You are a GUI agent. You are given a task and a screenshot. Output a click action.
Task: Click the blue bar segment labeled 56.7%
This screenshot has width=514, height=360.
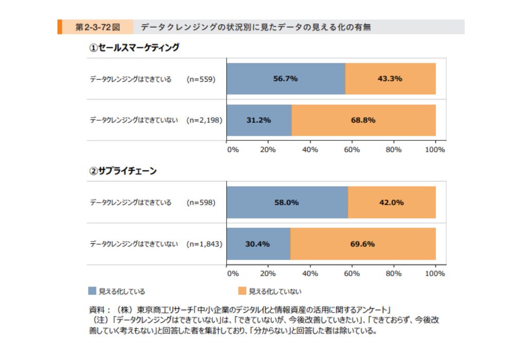(286, 79)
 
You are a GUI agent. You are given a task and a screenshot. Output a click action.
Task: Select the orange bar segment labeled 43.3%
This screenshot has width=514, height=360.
(390, 79)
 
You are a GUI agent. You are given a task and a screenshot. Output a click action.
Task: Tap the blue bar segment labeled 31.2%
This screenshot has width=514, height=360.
(259, 120)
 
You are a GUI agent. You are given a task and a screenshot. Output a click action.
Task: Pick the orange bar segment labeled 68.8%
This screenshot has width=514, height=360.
(363, 120)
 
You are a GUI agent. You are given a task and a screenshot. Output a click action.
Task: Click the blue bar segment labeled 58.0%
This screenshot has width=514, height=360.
(287, 202)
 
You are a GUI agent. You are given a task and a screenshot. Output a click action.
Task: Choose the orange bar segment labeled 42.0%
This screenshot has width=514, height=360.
(392, 202)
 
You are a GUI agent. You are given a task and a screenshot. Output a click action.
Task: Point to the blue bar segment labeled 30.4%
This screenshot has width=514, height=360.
(258, 244)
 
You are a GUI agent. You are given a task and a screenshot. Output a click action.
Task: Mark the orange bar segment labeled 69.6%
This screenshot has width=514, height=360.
(363, 244)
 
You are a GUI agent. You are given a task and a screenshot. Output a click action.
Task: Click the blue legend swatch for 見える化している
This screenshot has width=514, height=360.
(92, 291)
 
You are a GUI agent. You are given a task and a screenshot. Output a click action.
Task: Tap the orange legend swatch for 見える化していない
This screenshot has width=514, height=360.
(242, 291)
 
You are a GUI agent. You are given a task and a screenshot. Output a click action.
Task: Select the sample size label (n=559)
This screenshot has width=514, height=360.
(201, 79)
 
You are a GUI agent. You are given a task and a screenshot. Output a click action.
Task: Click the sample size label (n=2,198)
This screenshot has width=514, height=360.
(205, 120)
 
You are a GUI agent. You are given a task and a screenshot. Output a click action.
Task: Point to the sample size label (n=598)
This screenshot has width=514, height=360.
(201, 202)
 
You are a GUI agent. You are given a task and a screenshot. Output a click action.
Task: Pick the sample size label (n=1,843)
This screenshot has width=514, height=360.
(205, 244)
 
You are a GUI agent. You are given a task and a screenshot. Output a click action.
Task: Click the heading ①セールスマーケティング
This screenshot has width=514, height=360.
(134, 48)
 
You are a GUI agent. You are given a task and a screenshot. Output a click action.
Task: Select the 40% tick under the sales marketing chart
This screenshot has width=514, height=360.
(310, 150)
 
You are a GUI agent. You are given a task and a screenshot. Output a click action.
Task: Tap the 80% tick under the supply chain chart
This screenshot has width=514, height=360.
(394, 274)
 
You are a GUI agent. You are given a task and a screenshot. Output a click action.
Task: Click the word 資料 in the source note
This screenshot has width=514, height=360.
(96, 310)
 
